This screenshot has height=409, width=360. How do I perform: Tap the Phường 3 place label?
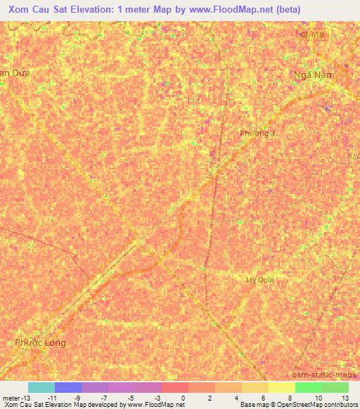258,133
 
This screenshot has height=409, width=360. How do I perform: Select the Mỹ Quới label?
259,280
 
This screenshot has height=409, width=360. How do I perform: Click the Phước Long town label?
40,342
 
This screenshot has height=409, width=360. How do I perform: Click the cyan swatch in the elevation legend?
41,387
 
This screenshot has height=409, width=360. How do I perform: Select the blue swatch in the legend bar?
68,387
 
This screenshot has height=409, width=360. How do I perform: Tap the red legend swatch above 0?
175,387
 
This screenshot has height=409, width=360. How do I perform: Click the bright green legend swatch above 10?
309,387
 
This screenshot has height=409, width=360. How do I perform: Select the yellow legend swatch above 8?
282,387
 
